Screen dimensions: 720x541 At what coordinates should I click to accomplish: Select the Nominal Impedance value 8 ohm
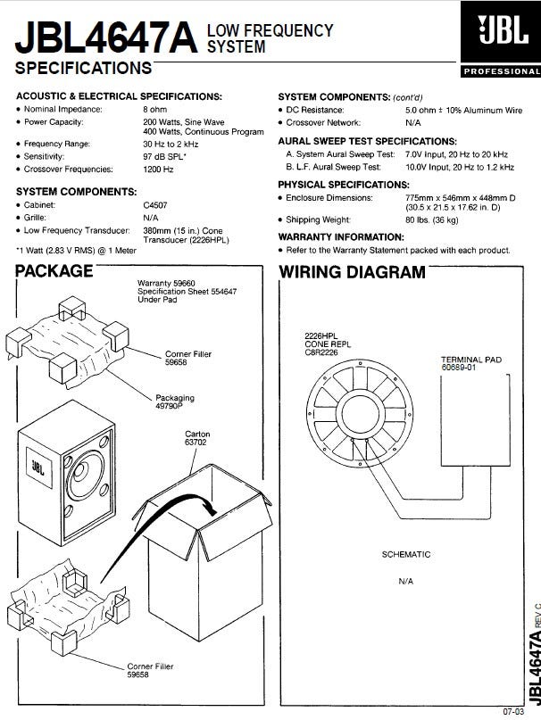tap(154, 109)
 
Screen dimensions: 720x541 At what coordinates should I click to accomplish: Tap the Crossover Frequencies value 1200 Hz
tap(157, 169)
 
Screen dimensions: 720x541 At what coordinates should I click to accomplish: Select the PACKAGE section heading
tap(54, 271)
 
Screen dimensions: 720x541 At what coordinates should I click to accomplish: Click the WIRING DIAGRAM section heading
tap(353, 271)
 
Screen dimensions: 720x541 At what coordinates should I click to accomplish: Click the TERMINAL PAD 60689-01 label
tap(471, 365)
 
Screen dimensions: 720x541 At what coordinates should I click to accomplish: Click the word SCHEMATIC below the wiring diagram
tap(406, 555)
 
